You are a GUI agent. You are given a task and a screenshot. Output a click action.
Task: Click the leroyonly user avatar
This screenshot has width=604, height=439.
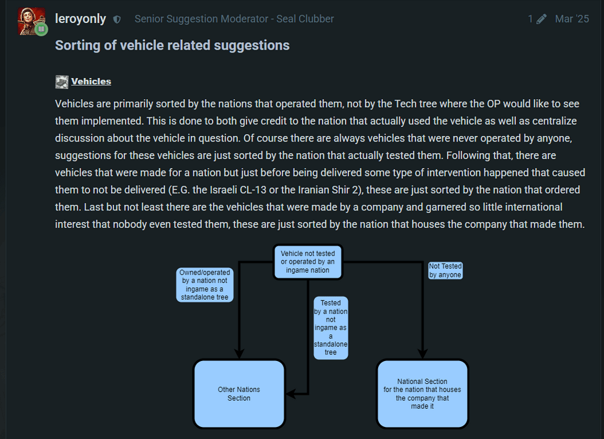[32, 21]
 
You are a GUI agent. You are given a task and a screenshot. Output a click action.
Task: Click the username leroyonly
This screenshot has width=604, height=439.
[80, 19]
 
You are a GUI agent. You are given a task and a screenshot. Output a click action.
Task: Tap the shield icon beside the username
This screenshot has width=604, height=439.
[117, 19]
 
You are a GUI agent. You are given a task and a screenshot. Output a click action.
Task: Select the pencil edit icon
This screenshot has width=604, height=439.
[542, 19]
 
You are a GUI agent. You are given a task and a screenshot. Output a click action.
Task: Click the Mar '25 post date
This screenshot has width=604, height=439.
[571, 19]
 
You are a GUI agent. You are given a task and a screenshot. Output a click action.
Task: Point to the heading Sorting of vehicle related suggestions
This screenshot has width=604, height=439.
[172, 45]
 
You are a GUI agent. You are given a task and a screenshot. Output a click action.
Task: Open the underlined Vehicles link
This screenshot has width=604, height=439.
[91, 82]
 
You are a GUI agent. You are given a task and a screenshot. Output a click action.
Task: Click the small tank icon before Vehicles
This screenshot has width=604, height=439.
[62, 82]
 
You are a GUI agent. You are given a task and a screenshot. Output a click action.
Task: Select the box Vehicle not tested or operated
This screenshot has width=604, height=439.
[308, 262]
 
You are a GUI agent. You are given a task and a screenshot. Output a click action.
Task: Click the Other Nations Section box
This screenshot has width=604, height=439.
[239, 394]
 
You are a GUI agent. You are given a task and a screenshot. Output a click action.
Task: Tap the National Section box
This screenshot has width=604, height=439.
[422, 394]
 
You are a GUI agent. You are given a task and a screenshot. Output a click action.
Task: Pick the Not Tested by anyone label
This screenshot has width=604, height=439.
[445, 270]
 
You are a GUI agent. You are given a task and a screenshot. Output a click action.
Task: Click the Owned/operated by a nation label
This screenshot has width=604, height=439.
[205, 285]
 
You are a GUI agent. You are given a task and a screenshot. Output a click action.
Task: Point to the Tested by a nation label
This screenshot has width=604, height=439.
[330, 327]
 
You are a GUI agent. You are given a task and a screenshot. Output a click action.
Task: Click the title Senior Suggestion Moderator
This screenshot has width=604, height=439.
[234, 19]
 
